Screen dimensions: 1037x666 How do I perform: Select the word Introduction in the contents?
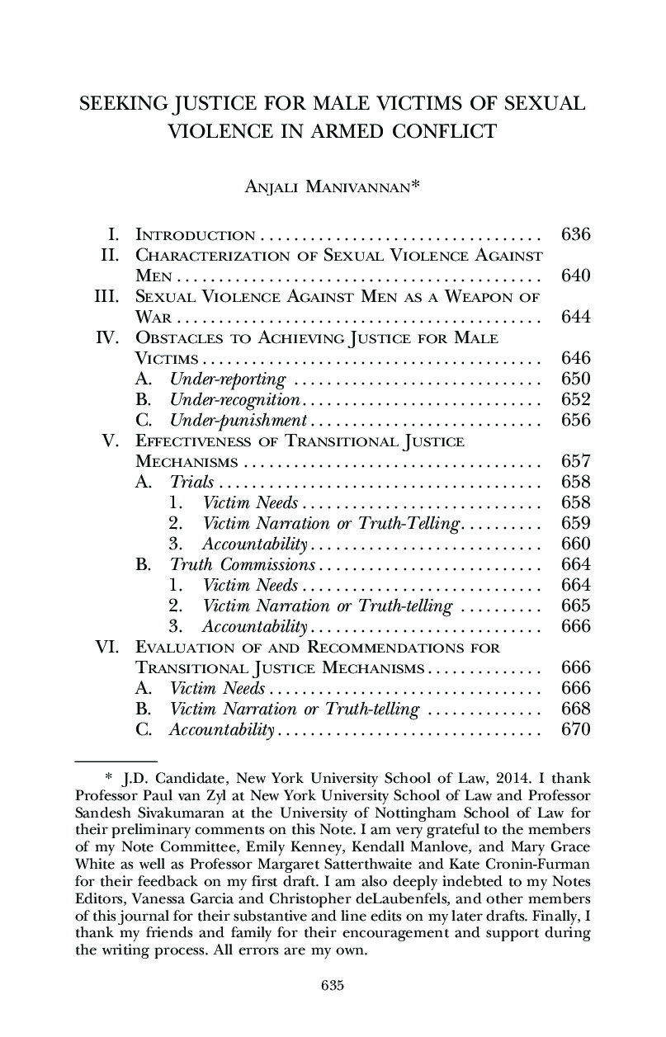(195, 235)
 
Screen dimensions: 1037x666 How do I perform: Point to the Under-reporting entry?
(228, 379)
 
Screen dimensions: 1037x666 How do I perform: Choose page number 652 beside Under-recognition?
(575, 400)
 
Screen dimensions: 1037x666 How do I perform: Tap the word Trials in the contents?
(191, 483)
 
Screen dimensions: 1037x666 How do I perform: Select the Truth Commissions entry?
(243, 565)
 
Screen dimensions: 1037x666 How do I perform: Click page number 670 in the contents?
(575, 729)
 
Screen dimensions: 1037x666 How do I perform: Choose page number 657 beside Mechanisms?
(575, 461)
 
